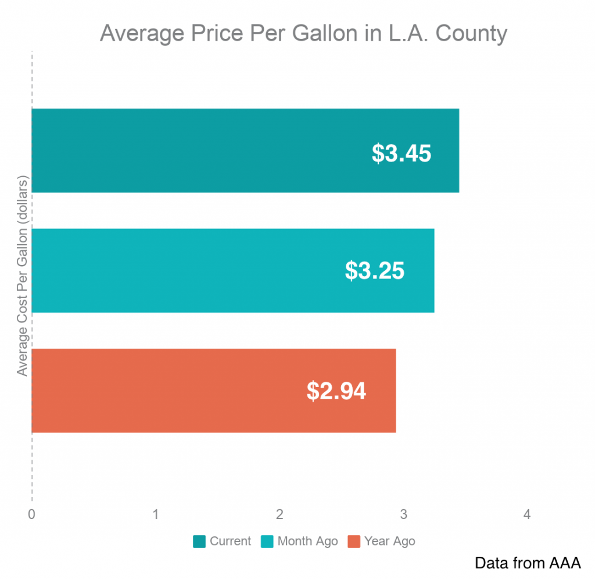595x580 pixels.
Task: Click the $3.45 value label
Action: click(x=402, y=153)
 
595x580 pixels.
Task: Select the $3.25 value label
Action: click(x=375, y=271)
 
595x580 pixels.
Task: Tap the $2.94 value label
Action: click(x=336, y=391)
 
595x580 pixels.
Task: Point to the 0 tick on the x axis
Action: click(x=31, y=514)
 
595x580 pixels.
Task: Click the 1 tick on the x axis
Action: click(x=156, y=514)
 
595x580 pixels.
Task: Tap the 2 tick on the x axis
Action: click(x=279, y=514)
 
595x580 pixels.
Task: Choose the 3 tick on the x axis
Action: click(x=403, y=514)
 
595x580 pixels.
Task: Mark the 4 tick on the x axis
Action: click(x=527, y=514)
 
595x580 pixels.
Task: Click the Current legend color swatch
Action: click(x=199, y=542)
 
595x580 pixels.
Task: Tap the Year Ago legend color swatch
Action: click(x=354, y=542)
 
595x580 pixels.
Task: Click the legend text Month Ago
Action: click(x=307, y=542)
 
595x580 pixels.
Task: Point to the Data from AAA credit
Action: click(x=528, y=563)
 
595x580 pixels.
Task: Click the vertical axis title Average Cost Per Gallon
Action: click(x=22, y=274)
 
